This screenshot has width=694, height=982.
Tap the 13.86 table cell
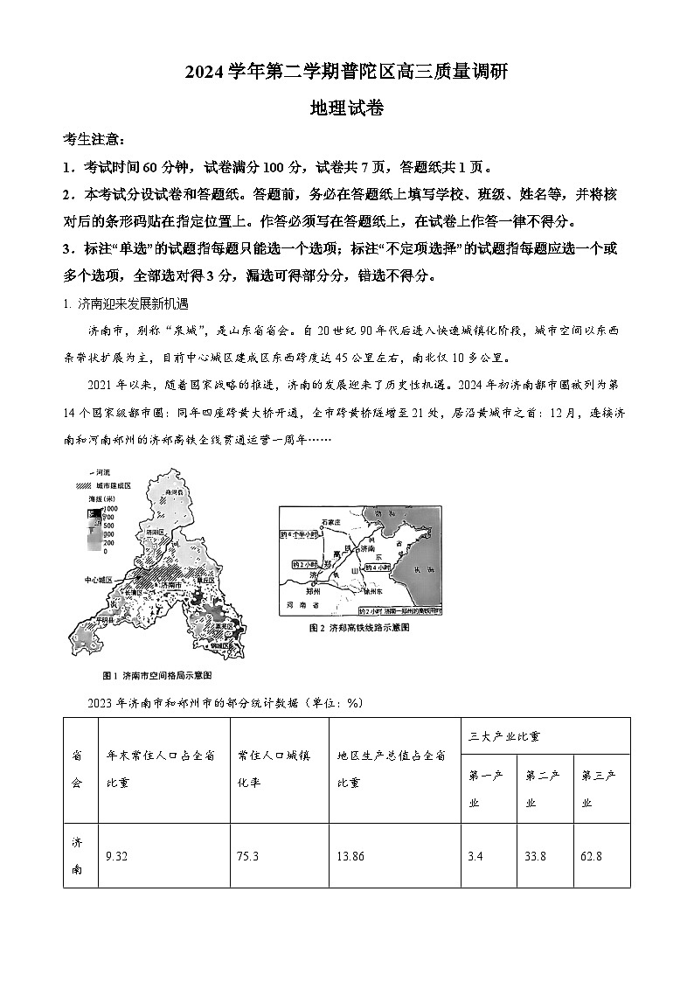[350, 856]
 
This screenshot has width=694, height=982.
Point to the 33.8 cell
[535, 856]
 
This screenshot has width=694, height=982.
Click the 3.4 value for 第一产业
[475, 856]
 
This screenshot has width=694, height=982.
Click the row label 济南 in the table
[78, 855]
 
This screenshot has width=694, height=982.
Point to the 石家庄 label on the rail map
[330, 521]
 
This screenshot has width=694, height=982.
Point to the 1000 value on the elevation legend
[110, 508]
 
